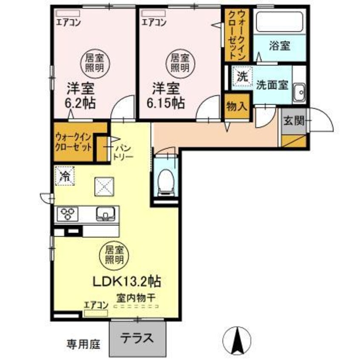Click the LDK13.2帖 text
[127, 281]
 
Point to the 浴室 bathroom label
[280, 46]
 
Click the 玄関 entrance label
[294, 121]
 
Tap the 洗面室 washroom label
[272, 85]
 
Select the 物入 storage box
[237, 106]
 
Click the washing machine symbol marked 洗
[242, 77]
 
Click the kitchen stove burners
[66, 213]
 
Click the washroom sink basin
[299, 91]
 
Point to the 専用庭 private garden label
[83, 343]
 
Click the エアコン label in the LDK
[96, 304]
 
